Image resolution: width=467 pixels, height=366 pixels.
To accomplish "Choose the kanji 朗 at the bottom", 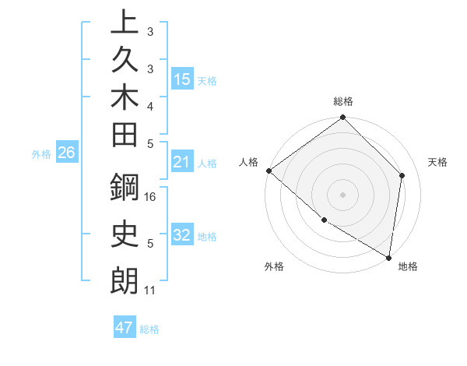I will click(124, 280).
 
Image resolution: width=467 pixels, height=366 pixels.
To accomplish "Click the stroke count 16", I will click(150, 197).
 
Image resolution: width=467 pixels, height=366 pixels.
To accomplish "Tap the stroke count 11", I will click(150, 290).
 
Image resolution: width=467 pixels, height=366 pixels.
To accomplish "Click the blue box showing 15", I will click(182, 79).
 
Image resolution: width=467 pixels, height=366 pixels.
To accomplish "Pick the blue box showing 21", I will click(182, 162).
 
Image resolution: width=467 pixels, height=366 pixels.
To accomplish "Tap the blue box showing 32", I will click(182, 235).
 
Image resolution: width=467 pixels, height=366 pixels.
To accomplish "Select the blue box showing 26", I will click(66, 153).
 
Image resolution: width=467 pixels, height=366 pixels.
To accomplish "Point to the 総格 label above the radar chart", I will click(343, 102).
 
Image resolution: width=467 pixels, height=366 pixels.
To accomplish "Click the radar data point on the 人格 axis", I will click(269, 171).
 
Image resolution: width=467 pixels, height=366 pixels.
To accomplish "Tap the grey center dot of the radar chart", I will click(343, 194).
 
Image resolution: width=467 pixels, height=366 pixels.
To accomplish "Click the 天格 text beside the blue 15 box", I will click(207, 80).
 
